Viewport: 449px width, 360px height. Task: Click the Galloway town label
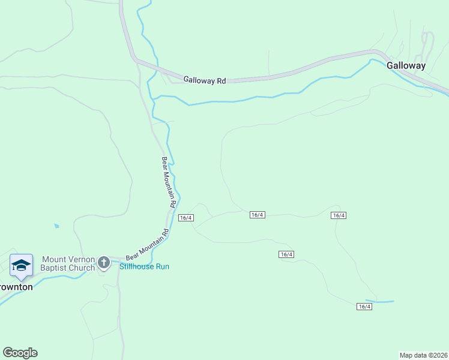pyautogui.click(x=406, y=66)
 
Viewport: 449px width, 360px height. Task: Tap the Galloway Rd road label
pyautogui.click(x=204, y=79)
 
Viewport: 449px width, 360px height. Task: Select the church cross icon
pyautogui.click(x=103, y=263)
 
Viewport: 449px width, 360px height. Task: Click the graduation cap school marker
pyautogui.click(x=21, y=265)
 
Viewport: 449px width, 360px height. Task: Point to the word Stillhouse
pyautogui.click(x=137, y=266)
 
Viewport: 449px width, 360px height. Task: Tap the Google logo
pyautogui.click(x=20, y=353)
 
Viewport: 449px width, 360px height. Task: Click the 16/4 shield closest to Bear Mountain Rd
pyautogui.click(x=185, y=217)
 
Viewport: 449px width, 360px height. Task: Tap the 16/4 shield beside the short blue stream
pyautogui.click(x=364, y=307)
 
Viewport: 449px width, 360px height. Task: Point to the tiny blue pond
pyautogui.click(x=56, y=226)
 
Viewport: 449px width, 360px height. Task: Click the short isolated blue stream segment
pyautogui.click(x=380, y=301)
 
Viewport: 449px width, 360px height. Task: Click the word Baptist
pyautogui.click(x=55, y=268)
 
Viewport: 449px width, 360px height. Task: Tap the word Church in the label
pyautogui.click(x=82, y=268)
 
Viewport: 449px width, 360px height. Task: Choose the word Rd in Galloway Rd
pyautogui.click(x=221, y=80)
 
